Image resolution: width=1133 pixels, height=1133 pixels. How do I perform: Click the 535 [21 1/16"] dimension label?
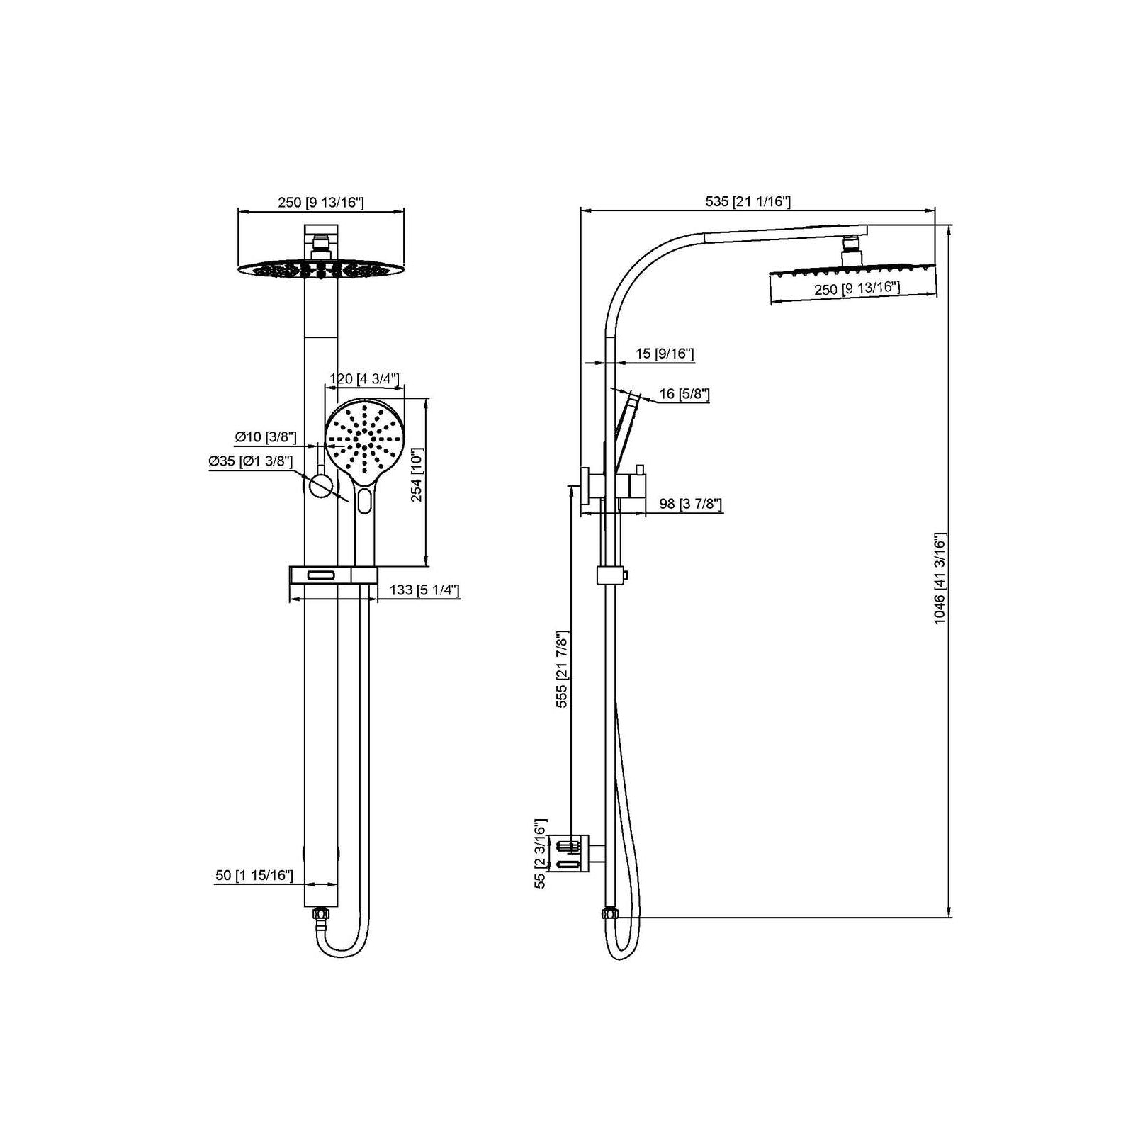[x=748, y=201]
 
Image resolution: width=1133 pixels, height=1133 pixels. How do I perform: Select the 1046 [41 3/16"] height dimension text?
[x=940, y=578]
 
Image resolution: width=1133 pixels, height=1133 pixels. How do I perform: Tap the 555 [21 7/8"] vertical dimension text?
[x=562, y=669]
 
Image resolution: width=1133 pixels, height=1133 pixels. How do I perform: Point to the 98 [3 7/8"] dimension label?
[x=690, y=504]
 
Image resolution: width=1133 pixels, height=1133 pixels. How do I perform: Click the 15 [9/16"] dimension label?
[x=664, y=354]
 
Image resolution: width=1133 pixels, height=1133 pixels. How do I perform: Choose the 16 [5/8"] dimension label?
[x=684, y=394]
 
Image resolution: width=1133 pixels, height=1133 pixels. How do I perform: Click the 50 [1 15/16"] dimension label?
[x=254, y=875]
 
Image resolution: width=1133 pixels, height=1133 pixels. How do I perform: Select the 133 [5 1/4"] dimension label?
[x=424, y=590]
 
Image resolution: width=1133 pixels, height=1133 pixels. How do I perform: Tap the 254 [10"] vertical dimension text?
[x=417, y=475]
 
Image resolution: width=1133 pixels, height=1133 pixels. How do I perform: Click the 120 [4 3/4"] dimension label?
[x=364, y=378]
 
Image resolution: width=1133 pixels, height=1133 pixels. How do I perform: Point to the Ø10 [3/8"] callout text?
[x=266, y=437]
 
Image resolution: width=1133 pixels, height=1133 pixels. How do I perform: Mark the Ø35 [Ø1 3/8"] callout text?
[x=250, y=461]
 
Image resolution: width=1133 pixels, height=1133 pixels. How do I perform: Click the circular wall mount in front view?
[x=321, y=486]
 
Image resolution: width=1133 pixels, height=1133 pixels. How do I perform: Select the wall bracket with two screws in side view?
[x=575, y=853]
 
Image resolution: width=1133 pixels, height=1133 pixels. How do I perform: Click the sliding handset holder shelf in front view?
[x=332, y=575]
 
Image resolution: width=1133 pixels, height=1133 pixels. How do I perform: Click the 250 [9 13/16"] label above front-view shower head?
[x=320, y=203]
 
